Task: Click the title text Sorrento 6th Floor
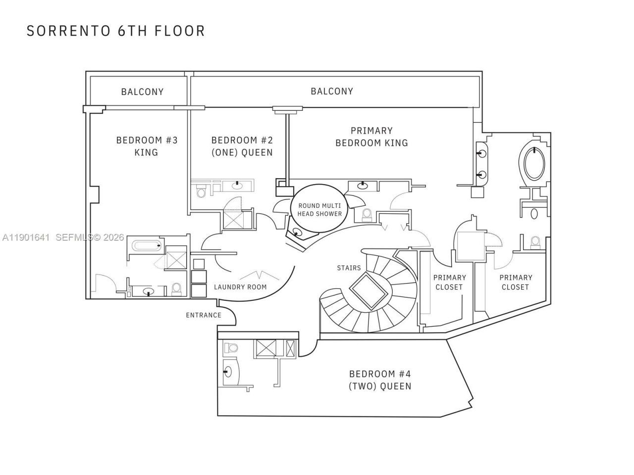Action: (115, 31)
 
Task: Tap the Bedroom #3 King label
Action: (147, 146)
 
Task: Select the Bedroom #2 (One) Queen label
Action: (242, 146)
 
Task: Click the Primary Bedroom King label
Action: (371, 137)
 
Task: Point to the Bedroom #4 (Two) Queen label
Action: (380, 380)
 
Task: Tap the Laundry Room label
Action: (240, 287)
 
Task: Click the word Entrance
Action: (204, 315)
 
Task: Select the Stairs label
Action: (349, 268)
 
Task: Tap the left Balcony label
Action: (142, 92)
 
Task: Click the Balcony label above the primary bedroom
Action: (332, 91)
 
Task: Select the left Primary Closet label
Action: (449, 282)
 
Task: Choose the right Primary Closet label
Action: (515, 282)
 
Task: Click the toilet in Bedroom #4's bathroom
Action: (231, 348)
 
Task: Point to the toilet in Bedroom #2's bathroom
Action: (201, 191)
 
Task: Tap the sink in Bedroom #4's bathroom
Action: (227, 371)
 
